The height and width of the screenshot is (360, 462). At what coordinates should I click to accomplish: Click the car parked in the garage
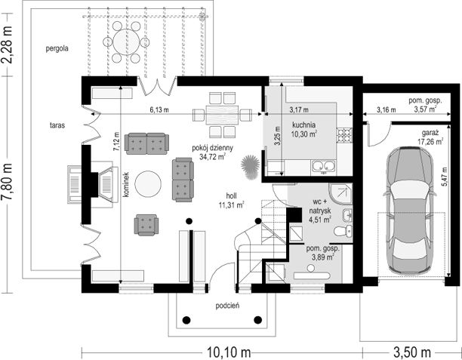pyautogui.click(x=410, y=211)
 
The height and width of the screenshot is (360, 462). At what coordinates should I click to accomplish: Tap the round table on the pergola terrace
pyautogui.click(x=126, y=42)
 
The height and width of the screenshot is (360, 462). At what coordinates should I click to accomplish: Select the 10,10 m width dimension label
pyautogui.click(x=229, y=352)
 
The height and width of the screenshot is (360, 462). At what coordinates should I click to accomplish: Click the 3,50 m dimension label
pyautogui.click(x=412, y=352)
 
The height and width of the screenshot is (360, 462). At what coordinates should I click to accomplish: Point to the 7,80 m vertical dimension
pyautogui.click(x=7, y=182)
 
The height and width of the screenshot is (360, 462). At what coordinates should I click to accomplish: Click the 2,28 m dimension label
pyautogui.click(x=7, y=45)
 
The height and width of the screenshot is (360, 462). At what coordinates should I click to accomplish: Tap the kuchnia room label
pyautogui.click(x=304, y=125)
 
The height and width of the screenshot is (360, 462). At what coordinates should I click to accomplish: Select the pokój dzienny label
pyautogui.click(x=212, y=148)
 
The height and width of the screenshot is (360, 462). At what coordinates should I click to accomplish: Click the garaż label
pyautogui.click(x=430, y=132)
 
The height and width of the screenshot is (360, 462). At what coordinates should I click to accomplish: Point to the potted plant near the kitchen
pyautogui.click(x=250, y=167)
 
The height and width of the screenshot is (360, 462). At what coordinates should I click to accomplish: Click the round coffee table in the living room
pyautogui.click(x=148, y=184)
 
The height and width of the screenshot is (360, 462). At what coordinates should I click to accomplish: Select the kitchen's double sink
pyautogui.click(x=324, y=167)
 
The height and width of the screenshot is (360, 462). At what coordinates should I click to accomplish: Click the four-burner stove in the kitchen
pyautogui.click(x=344, y=135)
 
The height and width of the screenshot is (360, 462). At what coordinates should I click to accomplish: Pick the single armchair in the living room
pyautogui.click(x=146, y=225)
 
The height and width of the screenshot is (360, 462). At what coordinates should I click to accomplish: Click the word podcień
pyautogui.click(x=227, y=306)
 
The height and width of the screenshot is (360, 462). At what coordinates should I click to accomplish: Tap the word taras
pyautogui.click(x=57, y=125)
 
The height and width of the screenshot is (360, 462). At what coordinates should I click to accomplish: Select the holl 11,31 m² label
pyautogui.click(x=232, y=200)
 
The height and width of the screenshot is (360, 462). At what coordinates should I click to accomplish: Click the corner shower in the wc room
pyautogui.click(x=341, y=193)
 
